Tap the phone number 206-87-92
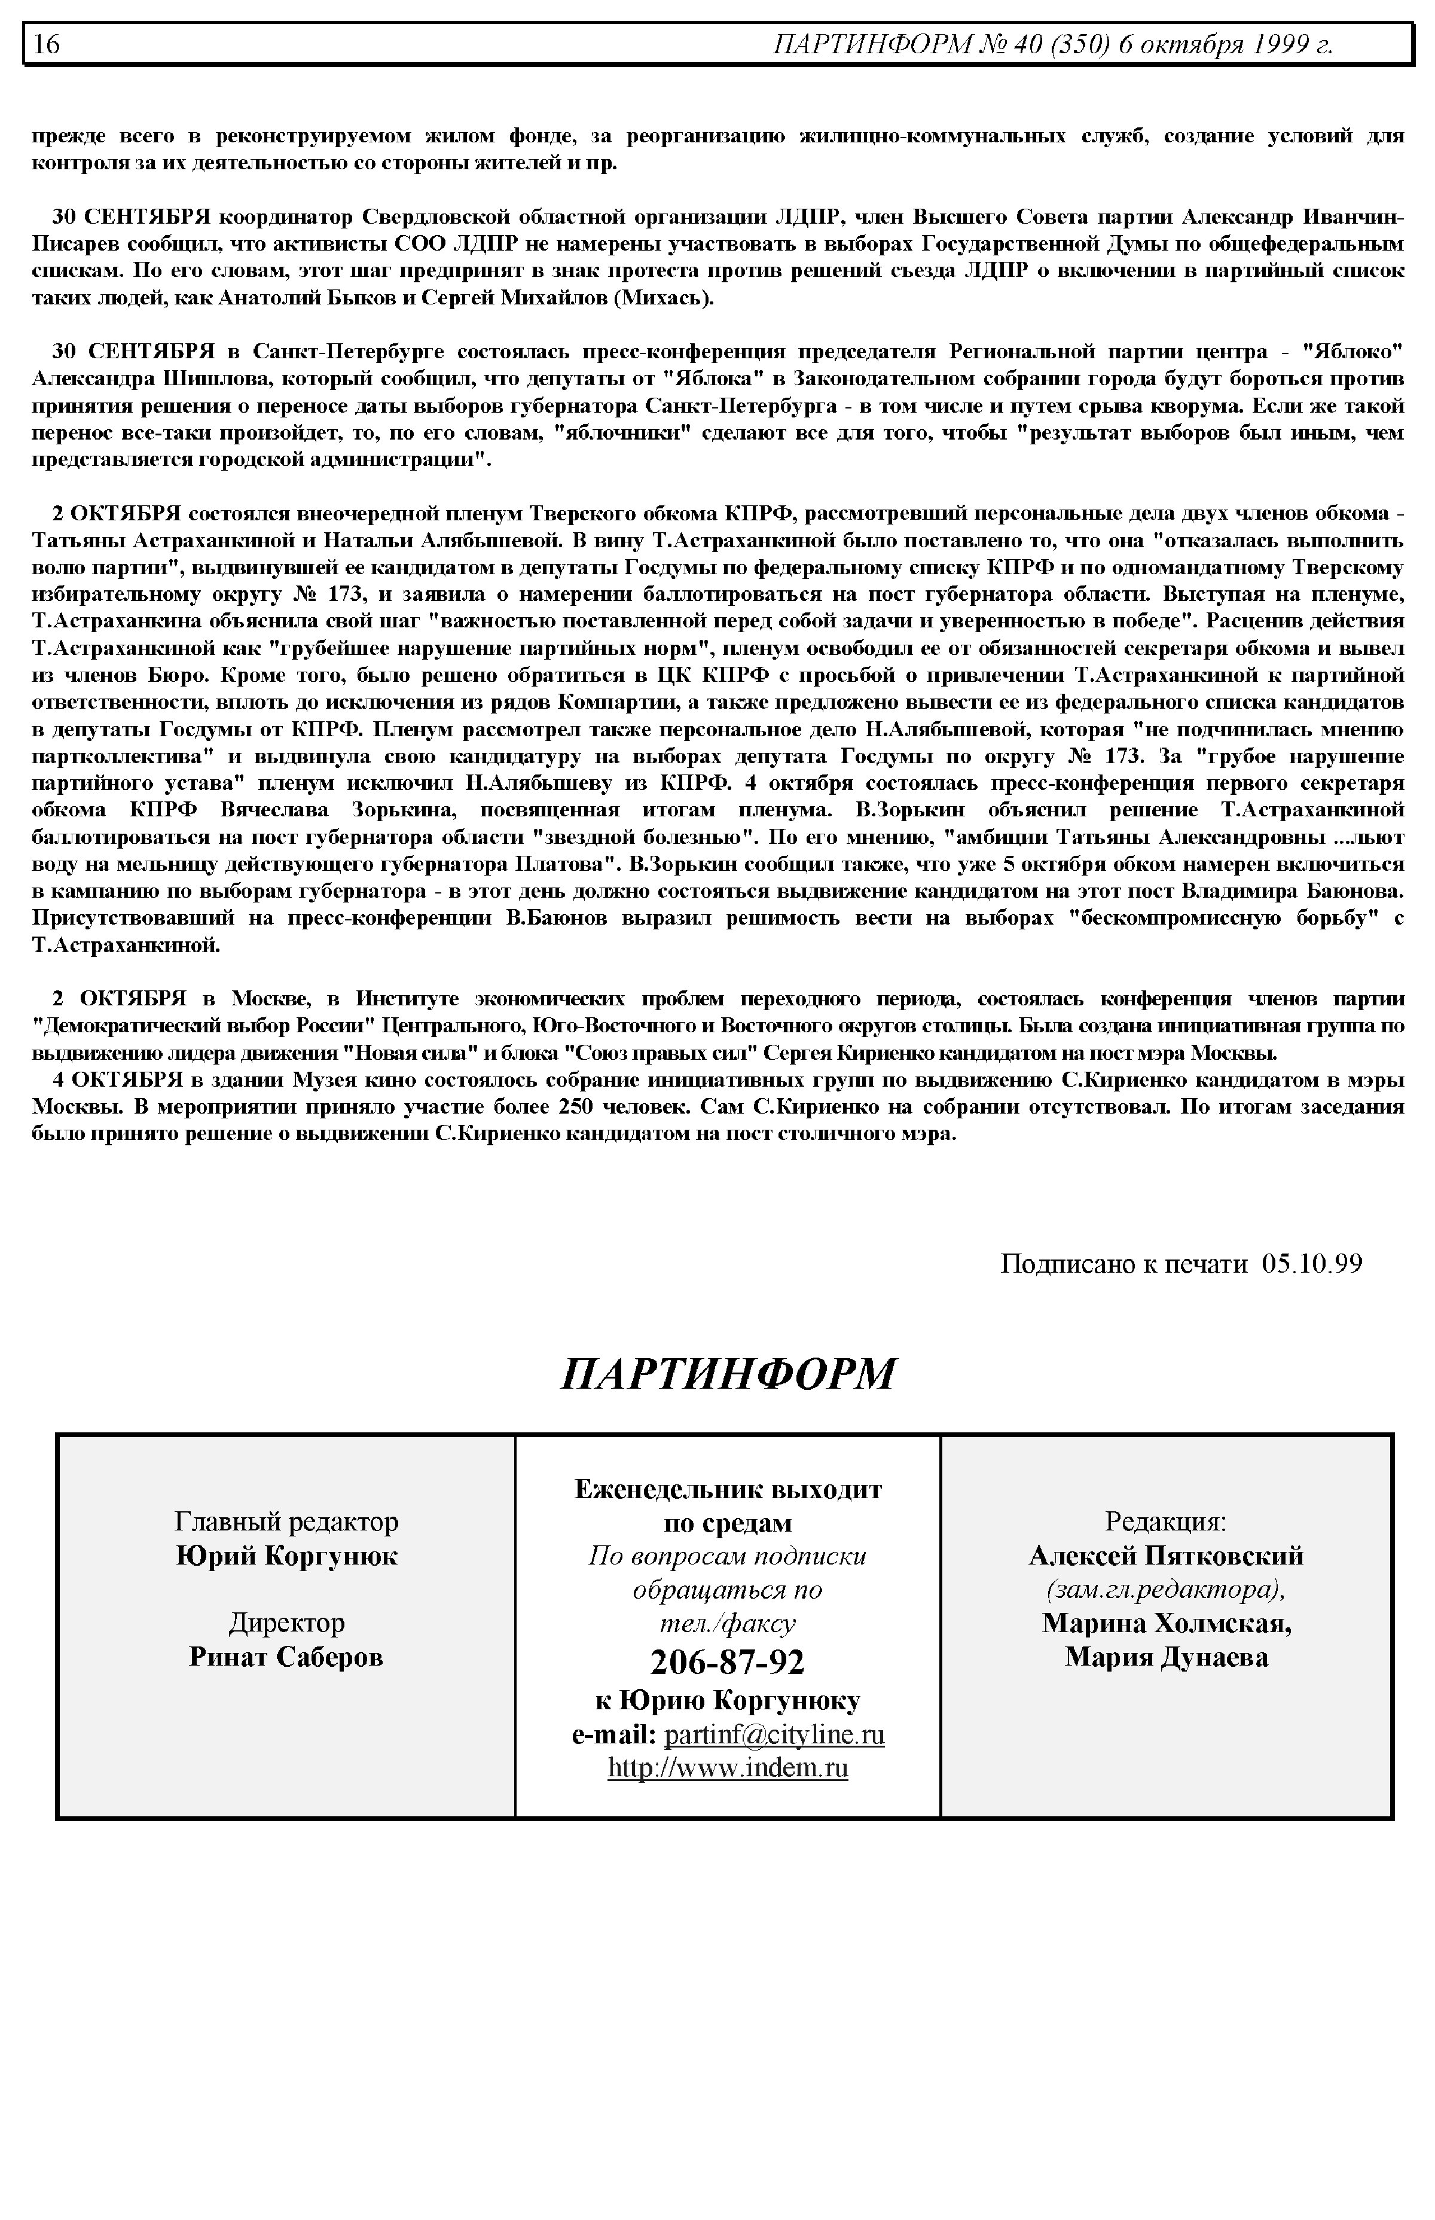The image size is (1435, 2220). point(727,1661)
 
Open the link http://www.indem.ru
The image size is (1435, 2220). point(728,1768)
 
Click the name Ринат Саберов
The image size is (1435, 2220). point(286,1656)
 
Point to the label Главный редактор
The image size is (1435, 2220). point(286,1522)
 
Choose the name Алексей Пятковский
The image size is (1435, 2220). point(1166,1556)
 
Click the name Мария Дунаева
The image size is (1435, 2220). point(1166,1656)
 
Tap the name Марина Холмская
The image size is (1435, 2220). point(1166,1623)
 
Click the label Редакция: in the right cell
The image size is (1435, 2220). point(1166,1522)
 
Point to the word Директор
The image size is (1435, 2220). point(286,1623)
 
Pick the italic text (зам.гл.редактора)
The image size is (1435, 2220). point(1166,1589)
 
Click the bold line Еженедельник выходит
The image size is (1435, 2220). point(728,1489)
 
